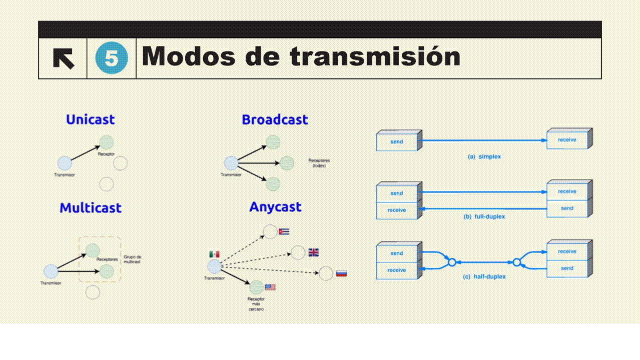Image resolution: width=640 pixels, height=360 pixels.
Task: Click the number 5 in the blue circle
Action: coord(111,58)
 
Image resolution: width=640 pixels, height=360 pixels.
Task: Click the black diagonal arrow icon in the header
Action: coord(64,58)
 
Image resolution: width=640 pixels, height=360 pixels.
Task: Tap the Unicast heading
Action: coord(90,119)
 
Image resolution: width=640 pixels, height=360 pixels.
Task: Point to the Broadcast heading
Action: coord(275,119)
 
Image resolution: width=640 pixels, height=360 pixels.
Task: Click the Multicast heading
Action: coord(91,208)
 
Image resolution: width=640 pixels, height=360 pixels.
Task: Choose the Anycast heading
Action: coord(275,207)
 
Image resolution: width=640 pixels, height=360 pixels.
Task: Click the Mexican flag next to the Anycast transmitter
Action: coord(214,254)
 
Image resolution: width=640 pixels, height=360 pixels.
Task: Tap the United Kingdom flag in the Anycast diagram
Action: coord(313,252)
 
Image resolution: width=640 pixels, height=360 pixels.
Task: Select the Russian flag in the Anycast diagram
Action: coord(341,273)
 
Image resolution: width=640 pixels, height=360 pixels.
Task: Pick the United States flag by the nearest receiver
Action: coord(270,287)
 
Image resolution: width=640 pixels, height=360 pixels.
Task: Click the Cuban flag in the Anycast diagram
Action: coord(284,231)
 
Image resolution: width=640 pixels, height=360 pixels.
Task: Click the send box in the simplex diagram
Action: coord(397,141)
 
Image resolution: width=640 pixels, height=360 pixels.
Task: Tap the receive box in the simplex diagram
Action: coord(567,140)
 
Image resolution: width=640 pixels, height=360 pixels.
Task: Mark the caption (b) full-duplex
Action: coord(484,216)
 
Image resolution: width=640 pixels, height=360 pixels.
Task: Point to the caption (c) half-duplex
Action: coord(484,276)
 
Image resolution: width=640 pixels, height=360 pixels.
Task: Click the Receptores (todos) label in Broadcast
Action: coord(319,163)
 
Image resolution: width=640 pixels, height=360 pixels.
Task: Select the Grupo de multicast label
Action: coord(132,259)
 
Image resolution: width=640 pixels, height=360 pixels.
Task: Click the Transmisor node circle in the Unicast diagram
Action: coord(65,163)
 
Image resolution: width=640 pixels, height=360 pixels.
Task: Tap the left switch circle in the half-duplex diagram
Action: coord(451,262)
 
